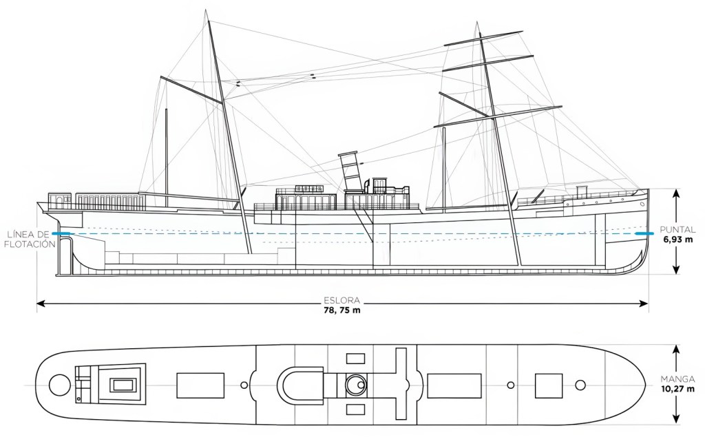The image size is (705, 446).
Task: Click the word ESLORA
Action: pyautogui.click(x=342, y=301)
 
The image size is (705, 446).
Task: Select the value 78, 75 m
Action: pyautogui.click(x=342, y=310)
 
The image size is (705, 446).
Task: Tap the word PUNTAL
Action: pyautogui.click(x=677, y=230)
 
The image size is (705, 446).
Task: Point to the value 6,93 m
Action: pyautogui.click(x=677, y=240)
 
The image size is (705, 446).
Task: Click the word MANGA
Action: pyautogui.click(x=677, y=379)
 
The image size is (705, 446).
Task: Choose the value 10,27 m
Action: pyautogui.click(x=677, y=389)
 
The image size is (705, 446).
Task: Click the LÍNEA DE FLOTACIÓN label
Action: pyautogui.click(x=31, y=239)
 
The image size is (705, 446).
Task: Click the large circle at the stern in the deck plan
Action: pyautogui.click(x=59, y=385)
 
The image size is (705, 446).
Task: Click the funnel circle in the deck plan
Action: pyautogui.click(x=357, y=385)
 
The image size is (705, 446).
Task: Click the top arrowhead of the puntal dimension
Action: pyautogui.click(x=676, y=193)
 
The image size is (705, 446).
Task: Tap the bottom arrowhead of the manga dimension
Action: pyautogui.click(x=676, y=418)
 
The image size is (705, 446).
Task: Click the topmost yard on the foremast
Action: pyautogui.click(x=483, y=39)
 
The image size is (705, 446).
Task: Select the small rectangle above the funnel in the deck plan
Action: pyautogui.click(x=356, y=359)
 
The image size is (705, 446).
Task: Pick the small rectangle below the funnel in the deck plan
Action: pyautogui.click(x=356, y=410)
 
